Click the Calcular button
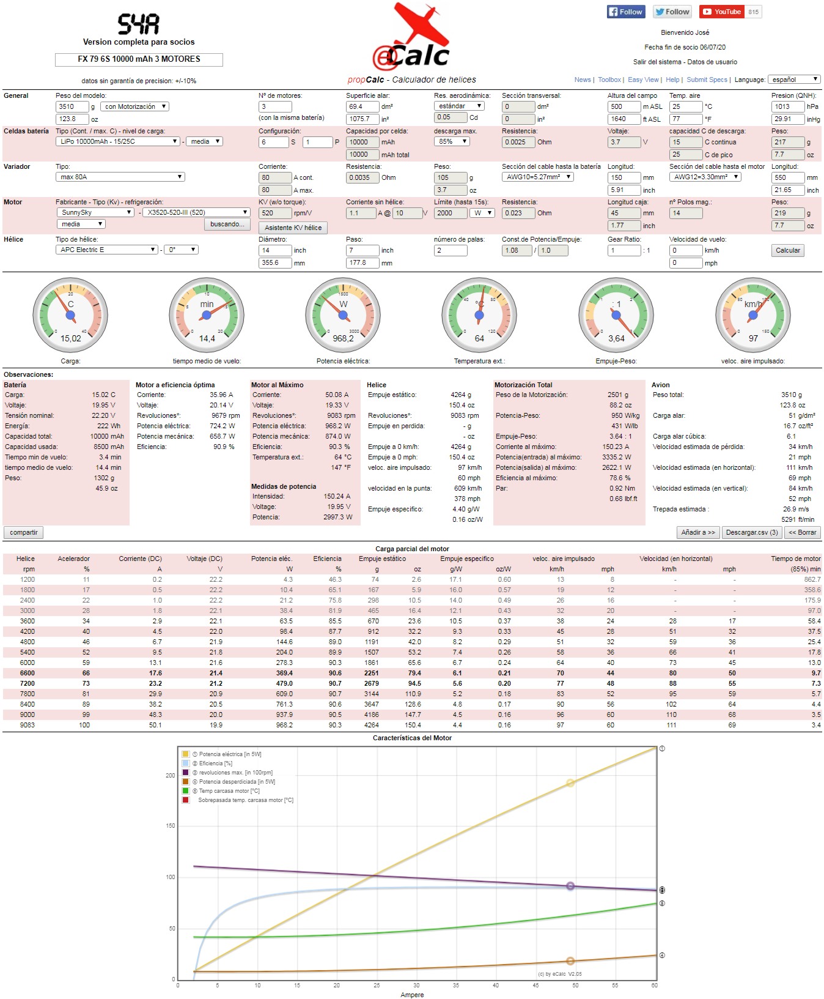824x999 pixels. point(787,250)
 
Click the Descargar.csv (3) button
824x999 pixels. point(751,532)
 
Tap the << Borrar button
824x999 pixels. point(802,532)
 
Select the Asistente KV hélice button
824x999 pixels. point(293,228)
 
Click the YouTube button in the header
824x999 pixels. point(722,12)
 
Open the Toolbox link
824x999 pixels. point(609,80)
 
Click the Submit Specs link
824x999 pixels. point(707,80)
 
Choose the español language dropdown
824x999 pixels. point(794,80)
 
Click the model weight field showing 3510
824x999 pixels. point(72,106)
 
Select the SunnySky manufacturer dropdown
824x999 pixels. point(95,212)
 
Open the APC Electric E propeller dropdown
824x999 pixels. point(107,250)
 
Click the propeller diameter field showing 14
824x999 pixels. point(274,250)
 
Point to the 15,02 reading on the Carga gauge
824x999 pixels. point(71,338)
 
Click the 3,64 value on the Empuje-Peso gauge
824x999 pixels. point(616,338)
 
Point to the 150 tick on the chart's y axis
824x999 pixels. point(171,826)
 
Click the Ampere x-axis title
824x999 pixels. point(412,995)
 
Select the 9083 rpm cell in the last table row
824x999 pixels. point(28,725)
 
